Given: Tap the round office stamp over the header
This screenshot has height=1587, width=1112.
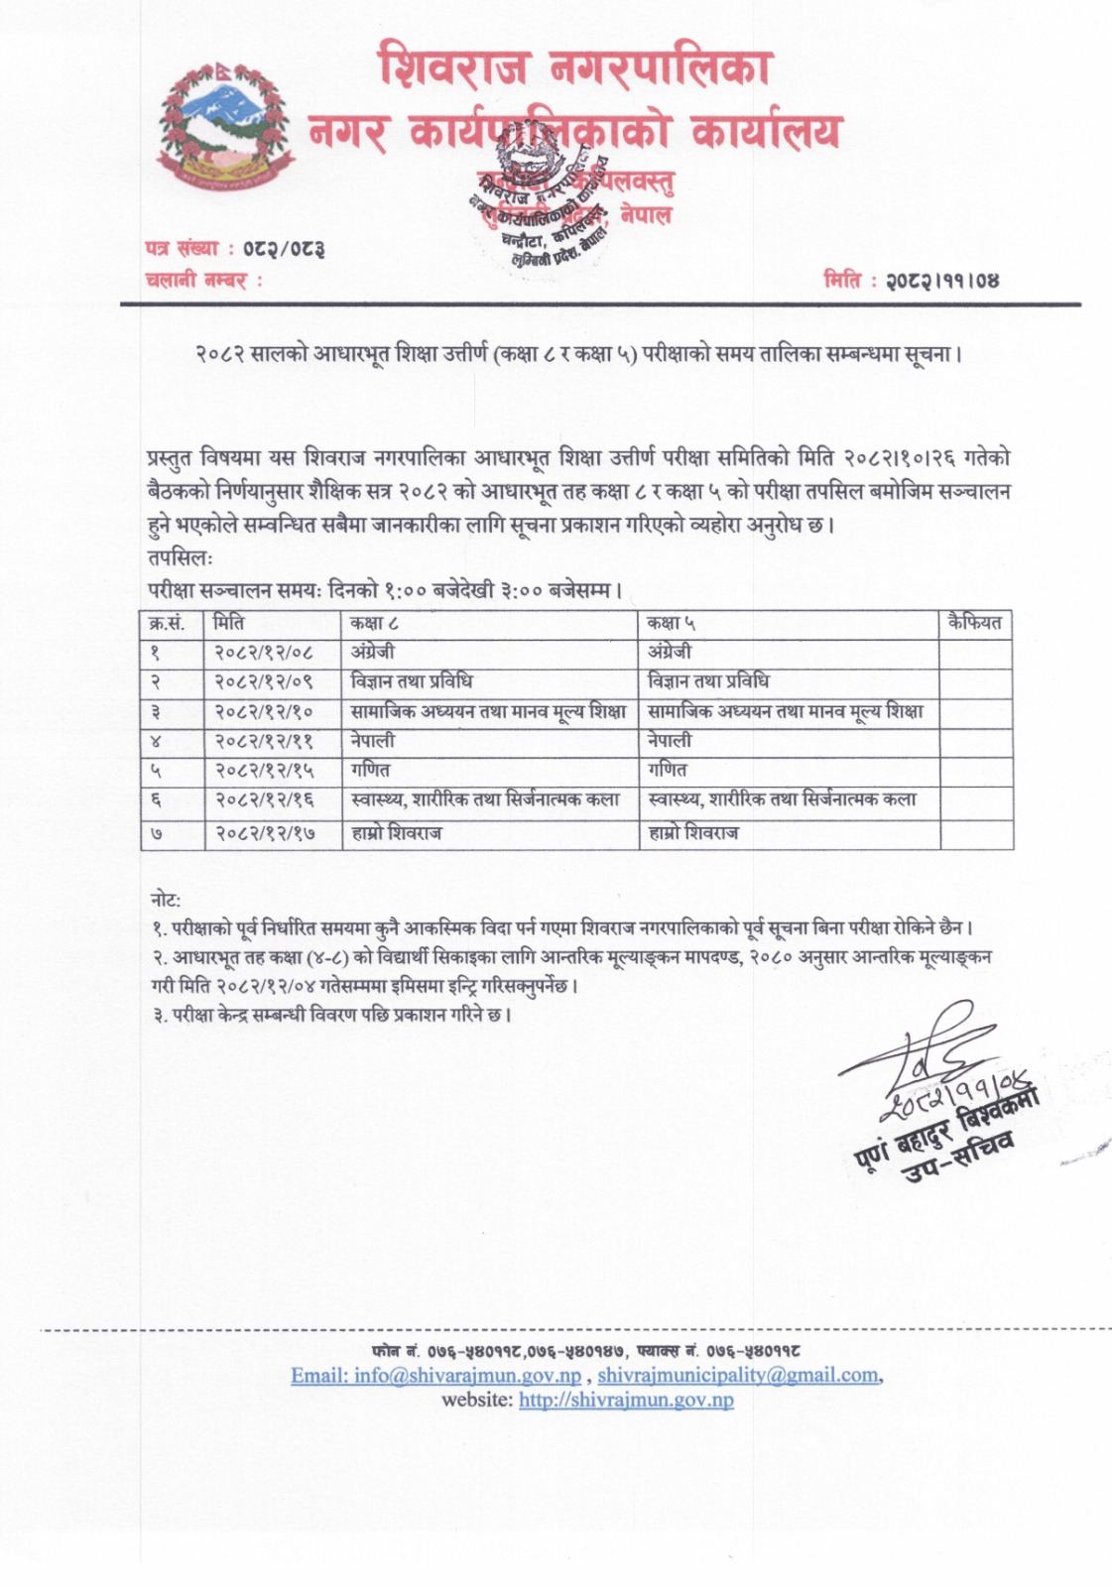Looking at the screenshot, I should [540, 197].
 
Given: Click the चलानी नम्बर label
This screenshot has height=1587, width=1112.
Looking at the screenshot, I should [203, 281].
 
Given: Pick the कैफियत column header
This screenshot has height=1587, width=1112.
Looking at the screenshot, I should [974, 623].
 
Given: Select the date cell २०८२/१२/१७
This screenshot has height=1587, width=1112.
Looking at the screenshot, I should [265, 833].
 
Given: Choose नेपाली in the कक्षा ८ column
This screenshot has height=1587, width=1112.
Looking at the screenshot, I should [373, 741].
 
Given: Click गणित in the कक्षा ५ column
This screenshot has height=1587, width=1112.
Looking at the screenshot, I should [667, 770].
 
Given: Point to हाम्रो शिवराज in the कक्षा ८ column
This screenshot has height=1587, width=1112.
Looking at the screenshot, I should [397, 833].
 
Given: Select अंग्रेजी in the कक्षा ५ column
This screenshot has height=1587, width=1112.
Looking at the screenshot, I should [670, 653].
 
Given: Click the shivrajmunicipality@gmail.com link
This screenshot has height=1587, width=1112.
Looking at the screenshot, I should [738, 1376].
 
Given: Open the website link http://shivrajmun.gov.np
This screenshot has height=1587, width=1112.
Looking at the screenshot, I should [626, 1400].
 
